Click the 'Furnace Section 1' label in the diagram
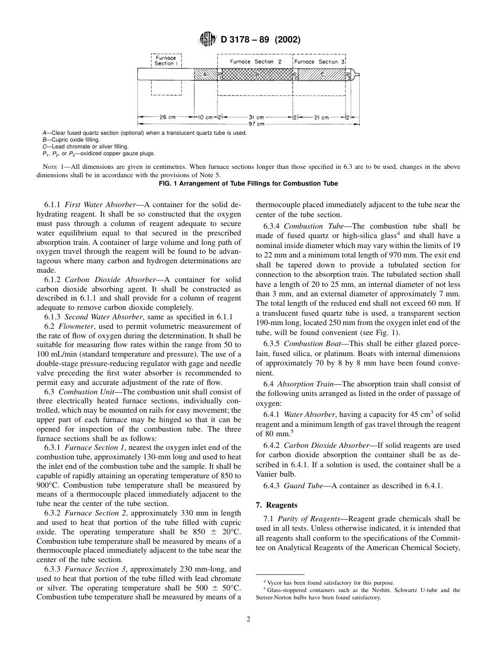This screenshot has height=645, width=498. tap(166, 60)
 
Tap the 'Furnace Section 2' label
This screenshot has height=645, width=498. tap(256, 61)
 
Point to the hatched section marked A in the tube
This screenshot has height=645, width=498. tap(205, 75)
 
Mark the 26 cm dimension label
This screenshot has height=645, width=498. tap(165, 117)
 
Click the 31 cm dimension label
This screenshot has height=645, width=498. tap(256, 117)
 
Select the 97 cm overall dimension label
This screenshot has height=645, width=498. tap(256, 124)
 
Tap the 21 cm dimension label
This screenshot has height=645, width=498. tap(321, 117)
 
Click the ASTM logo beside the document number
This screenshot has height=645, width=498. tap(205, 39)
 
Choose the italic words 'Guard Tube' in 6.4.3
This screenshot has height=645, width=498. tap(304, 486)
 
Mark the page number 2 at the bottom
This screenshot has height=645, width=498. tap(248, 619)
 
